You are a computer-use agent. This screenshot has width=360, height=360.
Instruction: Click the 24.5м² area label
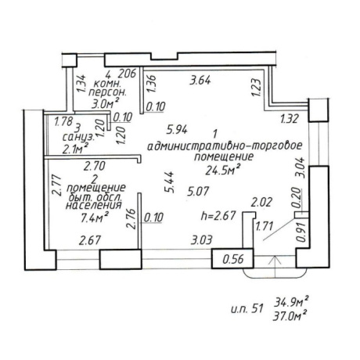point(222,170)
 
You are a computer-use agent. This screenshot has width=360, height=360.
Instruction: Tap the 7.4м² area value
point(95,218)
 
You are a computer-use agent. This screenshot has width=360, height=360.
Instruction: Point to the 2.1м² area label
point(75,149)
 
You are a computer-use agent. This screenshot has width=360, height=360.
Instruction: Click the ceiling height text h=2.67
point(218,216)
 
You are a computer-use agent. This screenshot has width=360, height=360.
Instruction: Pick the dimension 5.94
point(177,130)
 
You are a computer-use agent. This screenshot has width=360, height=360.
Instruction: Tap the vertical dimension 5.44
point(171,182)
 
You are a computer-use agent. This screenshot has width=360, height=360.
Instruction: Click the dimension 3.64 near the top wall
point(200,80)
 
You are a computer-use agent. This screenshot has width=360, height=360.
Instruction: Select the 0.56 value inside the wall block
point(233,259)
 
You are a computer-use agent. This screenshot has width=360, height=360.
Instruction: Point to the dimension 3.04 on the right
point(301,167)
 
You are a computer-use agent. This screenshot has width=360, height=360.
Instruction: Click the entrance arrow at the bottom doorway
point(275,267)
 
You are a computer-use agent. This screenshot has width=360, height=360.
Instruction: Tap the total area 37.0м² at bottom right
point(290,316)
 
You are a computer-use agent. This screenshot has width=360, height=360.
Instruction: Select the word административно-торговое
point(225,146)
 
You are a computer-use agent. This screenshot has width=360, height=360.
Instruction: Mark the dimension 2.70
point(94,166)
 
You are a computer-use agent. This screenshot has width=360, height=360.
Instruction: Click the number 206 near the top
point(128,74)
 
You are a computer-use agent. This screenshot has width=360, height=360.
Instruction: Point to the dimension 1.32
point(290,119)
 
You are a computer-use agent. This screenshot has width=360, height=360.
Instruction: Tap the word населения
point(94,205)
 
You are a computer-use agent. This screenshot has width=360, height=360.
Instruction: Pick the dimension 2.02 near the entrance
point(261,202)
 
